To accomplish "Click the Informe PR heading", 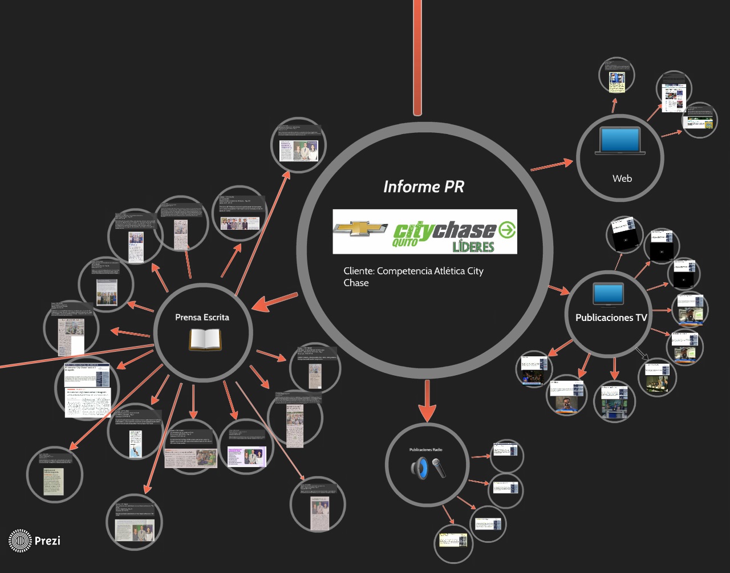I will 424,186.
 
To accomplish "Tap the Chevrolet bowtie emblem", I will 361,229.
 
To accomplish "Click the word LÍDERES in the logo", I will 473,246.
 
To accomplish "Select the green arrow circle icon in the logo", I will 507,230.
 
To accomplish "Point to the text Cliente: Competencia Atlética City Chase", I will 413,277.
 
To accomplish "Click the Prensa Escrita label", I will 202,317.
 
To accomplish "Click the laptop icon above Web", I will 620,141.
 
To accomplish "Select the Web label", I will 622,178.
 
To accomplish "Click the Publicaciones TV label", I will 611,318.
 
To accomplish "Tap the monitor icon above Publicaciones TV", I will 609,294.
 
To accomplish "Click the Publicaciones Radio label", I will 425,450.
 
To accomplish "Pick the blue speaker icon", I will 419,468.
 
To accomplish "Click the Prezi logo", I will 35,541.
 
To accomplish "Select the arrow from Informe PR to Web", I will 552,165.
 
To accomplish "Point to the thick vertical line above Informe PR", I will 417,57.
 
